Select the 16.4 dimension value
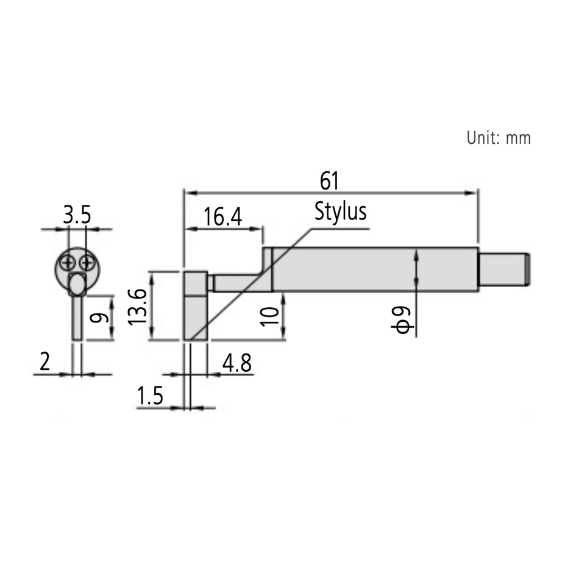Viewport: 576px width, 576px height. click(x=222, y=217)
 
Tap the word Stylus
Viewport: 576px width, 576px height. click(x=341, y=212)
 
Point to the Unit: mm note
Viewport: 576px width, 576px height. click(x=498, y=138)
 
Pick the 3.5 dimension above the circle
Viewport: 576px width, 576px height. click(x=77, y=215)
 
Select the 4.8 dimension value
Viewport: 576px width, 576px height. click(x=236, y=363)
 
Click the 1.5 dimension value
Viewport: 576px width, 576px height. click(x=150, y=397)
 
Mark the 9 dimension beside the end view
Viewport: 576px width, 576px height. click(x=101, y=318)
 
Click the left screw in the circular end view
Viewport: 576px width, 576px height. click(x=68, y=263)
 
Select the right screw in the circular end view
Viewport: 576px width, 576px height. click(x=87, y=263)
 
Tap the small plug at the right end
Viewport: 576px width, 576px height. click(x=503, y=269)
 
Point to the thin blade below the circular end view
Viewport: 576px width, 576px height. click(x=77, y=317)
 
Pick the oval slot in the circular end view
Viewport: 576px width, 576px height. click(x=77, y=283)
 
